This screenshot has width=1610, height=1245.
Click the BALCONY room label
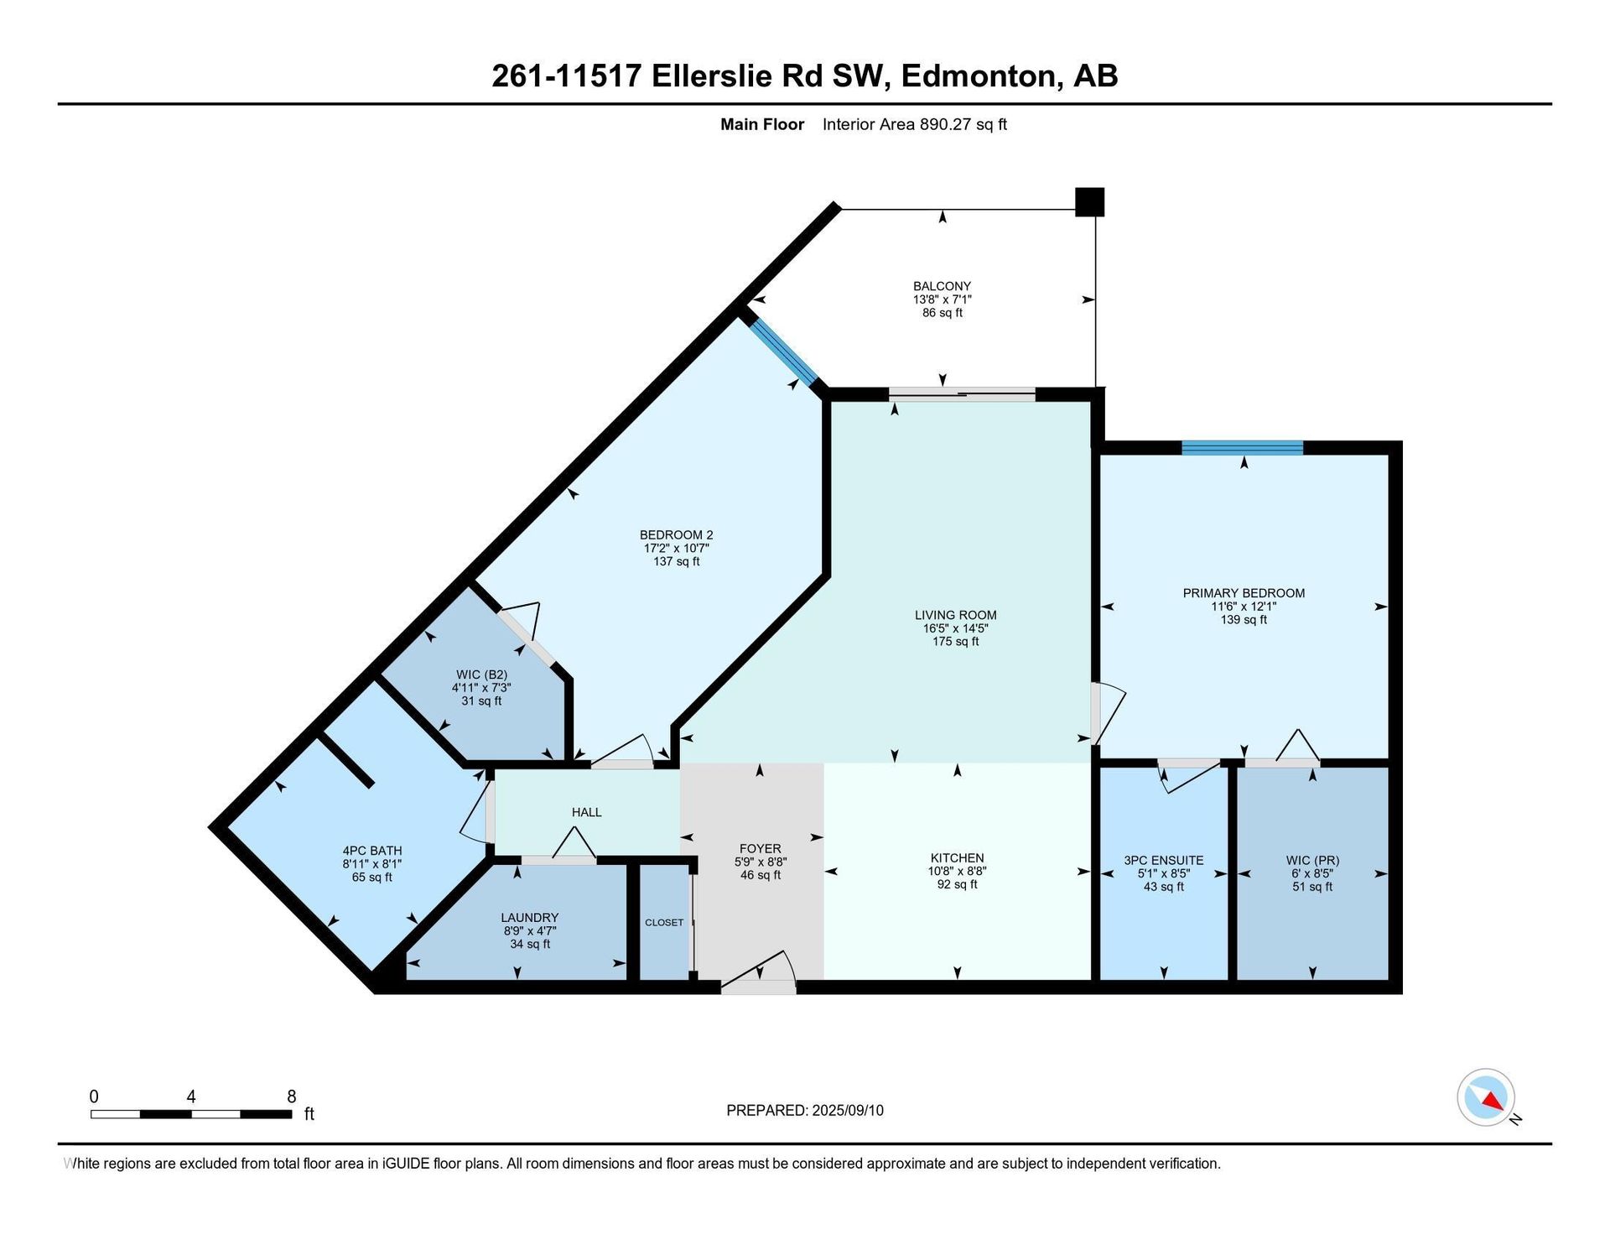942,286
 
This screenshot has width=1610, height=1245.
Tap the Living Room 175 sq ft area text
955,642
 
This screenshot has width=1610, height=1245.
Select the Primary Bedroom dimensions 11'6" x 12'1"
1244,607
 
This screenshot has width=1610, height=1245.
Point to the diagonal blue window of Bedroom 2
782,350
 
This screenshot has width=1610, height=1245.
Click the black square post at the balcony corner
1089,202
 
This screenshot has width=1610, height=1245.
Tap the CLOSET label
664,922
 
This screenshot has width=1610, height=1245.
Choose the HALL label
587,812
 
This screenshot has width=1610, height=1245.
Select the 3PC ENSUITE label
1164,860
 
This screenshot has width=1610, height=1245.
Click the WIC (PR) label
1312,860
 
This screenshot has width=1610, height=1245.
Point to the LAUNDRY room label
530,918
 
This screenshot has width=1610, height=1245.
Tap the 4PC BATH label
372,851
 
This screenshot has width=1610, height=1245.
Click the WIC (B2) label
481,675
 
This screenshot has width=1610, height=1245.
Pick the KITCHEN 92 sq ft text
957,884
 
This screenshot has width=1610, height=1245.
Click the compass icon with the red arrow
1486,1097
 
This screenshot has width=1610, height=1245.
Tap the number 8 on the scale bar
292,1097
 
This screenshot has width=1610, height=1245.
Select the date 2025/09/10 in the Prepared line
848,1111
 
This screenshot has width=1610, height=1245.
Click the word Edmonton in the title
978,76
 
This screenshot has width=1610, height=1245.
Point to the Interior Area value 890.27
944,124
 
